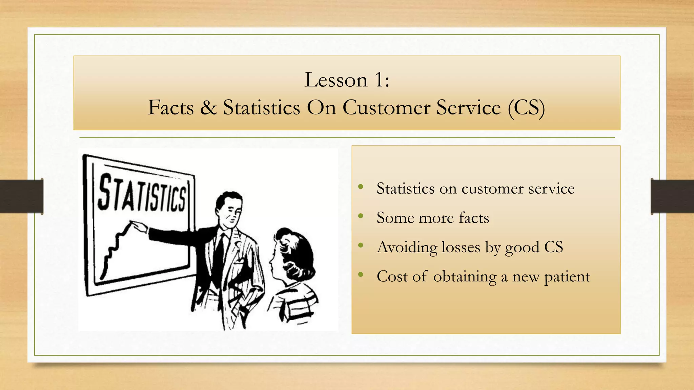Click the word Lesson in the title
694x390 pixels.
336,80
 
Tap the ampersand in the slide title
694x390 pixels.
208,108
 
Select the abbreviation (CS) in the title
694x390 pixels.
526,108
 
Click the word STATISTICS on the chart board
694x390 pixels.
142,193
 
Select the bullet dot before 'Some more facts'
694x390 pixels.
361,216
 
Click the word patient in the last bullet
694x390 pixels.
567,277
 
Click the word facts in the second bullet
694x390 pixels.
474,218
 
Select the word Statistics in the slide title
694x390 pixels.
261,108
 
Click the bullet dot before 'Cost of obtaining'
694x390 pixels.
361,275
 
